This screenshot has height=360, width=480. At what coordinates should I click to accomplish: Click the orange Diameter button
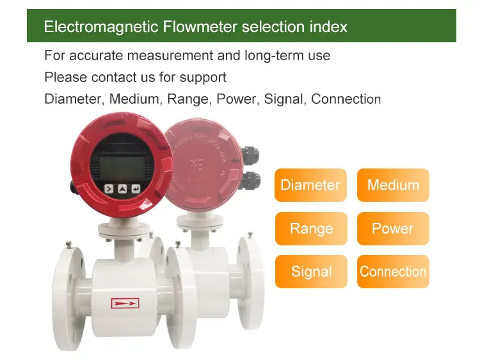(310, 185)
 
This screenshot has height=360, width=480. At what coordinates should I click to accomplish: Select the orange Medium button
(393, 185)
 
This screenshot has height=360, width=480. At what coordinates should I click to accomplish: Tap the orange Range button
(311, 229)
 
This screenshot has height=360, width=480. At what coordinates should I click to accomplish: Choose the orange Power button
(393, 229)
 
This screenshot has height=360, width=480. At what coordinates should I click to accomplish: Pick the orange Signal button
(311, 272)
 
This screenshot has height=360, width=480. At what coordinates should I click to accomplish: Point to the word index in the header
(327, 27)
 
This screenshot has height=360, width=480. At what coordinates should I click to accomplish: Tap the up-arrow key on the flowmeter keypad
(122, 189)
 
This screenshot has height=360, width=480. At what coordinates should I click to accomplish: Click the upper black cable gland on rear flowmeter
(250, 153)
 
